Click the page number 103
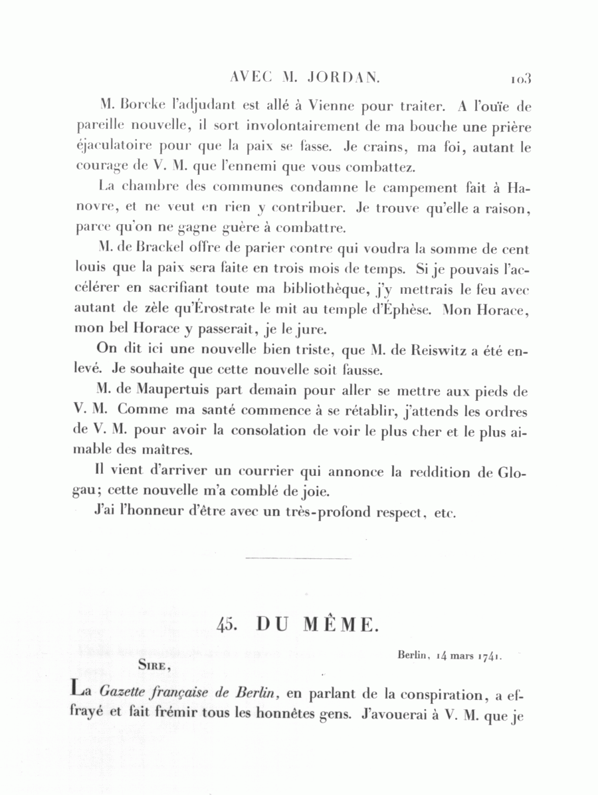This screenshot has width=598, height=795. tap(521, 78)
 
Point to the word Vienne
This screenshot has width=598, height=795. tap(331, 105)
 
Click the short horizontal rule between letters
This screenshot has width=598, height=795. tap(298, 558)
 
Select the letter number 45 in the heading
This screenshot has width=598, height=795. tap(228, 625)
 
